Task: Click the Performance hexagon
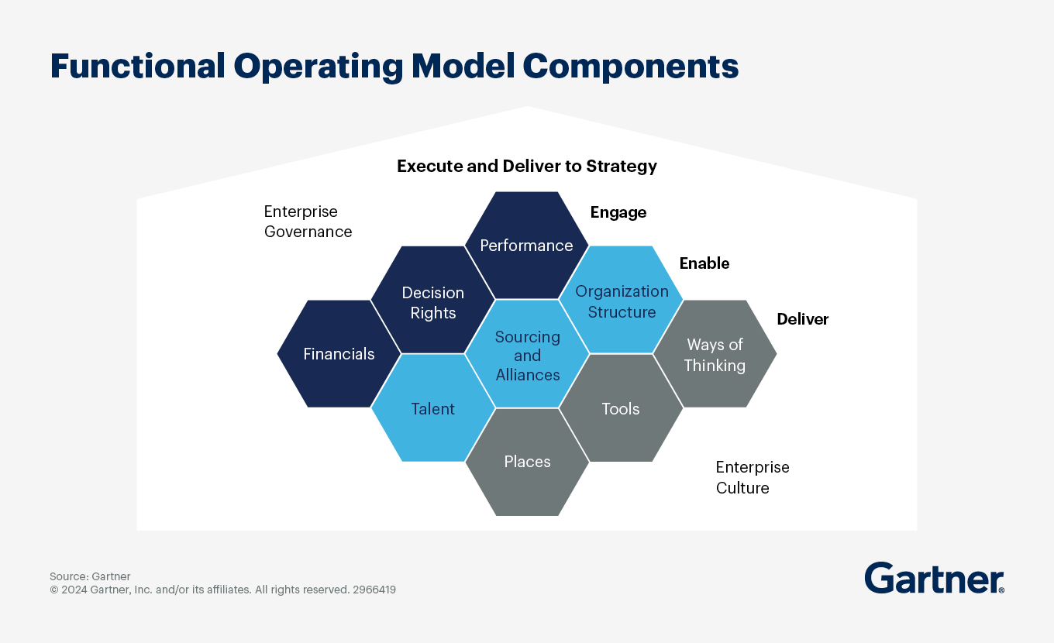coord(526,246)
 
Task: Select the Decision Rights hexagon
coord(433,302)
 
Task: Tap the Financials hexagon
coord(339,354)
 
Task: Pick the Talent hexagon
coord(433,408)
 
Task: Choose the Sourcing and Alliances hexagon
coord(527,356)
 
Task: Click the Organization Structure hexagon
coord(622,301)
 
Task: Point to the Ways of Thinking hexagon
coord(715,355)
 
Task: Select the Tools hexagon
coord(621,408)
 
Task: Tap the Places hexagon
coord(527,462)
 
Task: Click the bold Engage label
coord(618,212)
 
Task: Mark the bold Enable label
coord(704,263)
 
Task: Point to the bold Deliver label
coord(803,319)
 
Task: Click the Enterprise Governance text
coord(308,222)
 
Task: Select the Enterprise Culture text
coord(752,477)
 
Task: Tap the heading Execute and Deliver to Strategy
coord(527,166)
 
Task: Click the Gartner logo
coord(934,578)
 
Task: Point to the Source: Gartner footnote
coord(90,576)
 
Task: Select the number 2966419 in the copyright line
coord(374,590)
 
